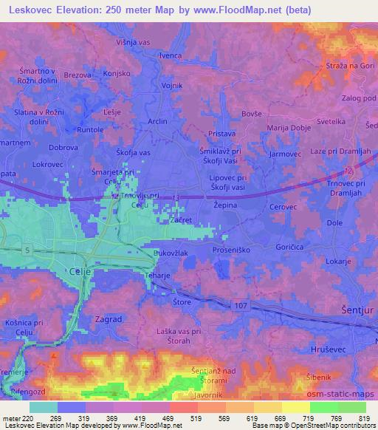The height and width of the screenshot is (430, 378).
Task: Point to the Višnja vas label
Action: [x=134, y=42]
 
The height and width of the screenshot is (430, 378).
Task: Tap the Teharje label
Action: [x=159, y=274]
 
